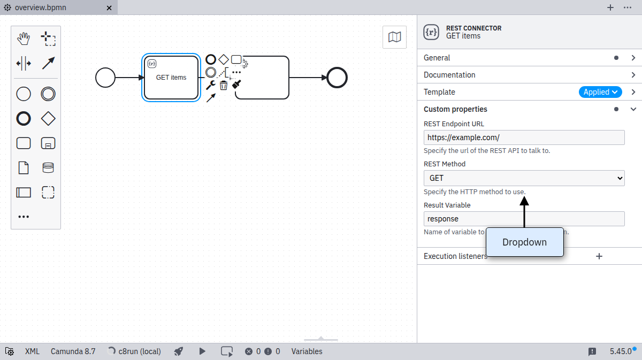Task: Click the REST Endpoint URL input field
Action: coord(524,137)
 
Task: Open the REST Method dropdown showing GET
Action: coord(524,178)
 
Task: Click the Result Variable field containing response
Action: coord(524,219)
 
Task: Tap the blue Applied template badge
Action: coord(600,92)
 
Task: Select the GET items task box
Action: coord(171,78)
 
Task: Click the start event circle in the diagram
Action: coord(105,78)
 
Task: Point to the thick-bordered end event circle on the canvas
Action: coord(337,78)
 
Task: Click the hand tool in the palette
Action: coord(24,39)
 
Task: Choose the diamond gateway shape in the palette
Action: coord(48,119)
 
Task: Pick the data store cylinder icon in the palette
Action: coord(48,167)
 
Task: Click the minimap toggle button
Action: coord(394,37)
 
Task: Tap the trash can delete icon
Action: coord(224,85)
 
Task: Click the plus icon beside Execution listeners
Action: coord(599,256)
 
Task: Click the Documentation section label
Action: coord(449,75)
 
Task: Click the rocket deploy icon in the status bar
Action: coord(179,351)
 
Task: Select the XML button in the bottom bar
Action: coord(32,351)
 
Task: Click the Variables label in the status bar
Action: coord(307,351)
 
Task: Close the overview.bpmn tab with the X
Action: coord(109,8)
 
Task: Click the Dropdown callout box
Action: coord(524,242)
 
